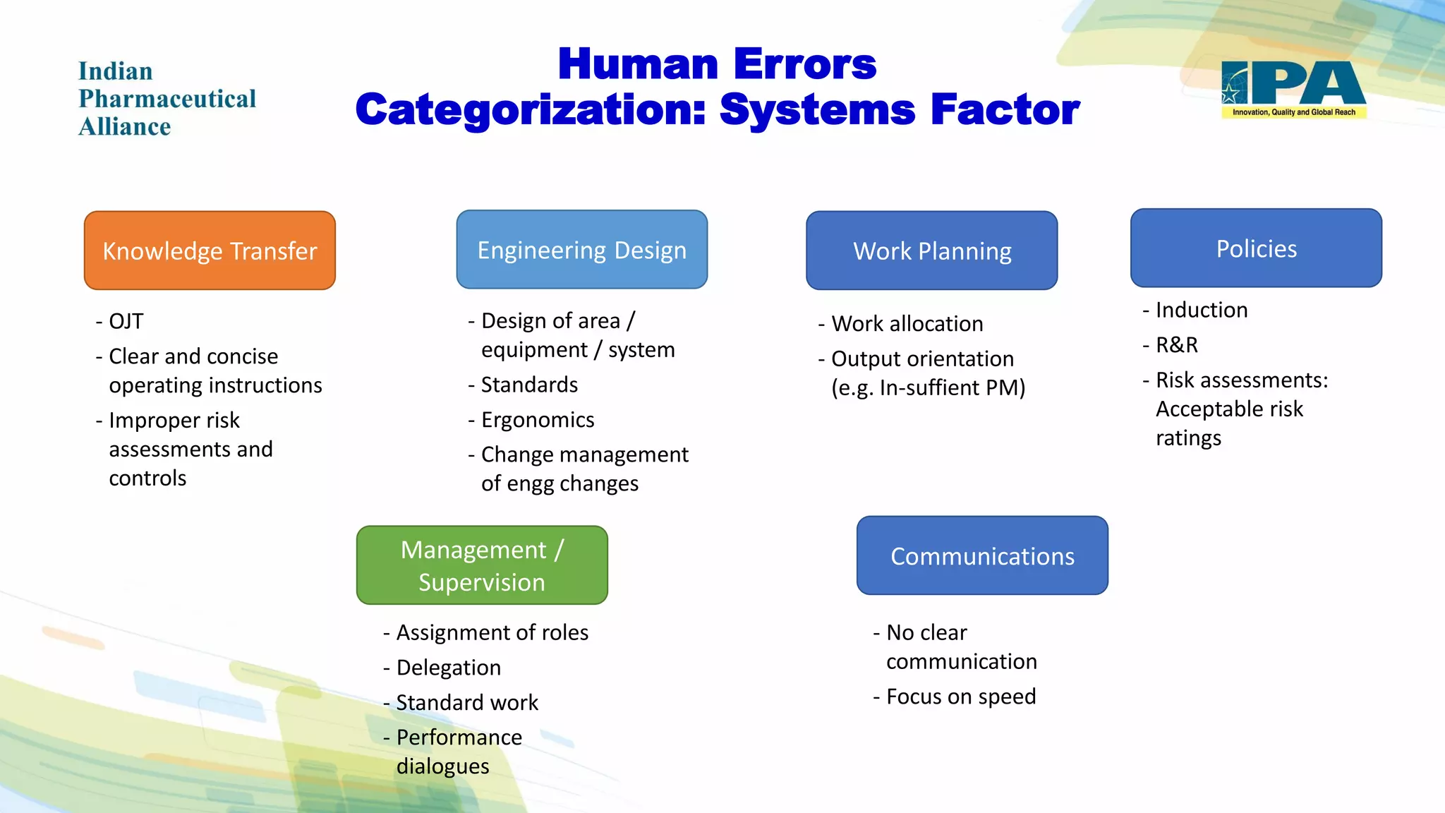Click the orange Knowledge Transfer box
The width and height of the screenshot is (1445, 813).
[x=210, y=251]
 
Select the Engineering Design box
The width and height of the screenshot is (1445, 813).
[x=581, y=250]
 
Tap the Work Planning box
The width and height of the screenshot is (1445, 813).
[x=931, y=251]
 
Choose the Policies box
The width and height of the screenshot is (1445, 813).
[x=1256, y=248]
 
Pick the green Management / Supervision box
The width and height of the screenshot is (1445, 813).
[x=482, y=565]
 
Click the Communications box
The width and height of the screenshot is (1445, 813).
[x=982, y=556]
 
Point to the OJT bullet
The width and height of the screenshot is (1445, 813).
[x=126, y=321]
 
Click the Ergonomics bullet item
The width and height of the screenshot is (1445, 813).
[x=537, y=420]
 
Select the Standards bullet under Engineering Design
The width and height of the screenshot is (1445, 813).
[x=529, y=385]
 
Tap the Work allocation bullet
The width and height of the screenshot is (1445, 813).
[x=907, y=323]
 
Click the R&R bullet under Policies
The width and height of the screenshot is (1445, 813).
[x=1176, y=344]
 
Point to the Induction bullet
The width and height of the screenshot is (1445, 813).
[x=1201, y=310]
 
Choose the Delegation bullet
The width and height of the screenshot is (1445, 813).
[x=448, y=668]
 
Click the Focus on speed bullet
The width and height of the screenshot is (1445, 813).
[x=960, y=697]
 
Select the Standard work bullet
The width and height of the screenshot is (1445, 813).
[x=466, y=703]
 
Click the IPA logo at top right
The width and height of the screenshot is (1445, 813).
[x=1293, y=89]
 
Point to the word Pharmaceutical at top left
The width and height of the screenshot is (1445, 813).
[x=167, y=99]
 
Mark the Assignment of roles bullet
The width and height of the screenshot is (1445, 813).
[x=492, y=632]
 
